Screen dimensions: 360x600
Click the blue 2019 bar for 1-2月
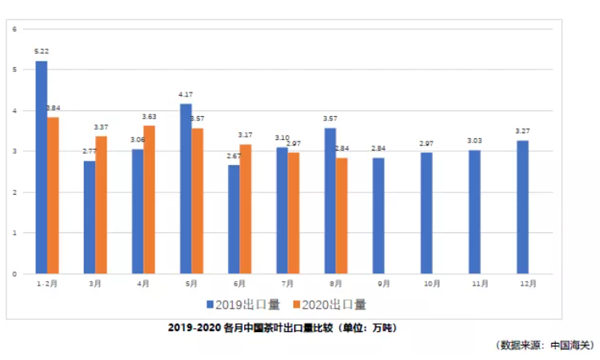click(x=41, y=167)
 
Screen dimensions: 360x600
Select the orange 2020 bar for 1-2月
click(x=53, y=195)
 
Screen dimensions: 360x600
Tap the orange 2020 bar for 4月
click(x=149, y=199)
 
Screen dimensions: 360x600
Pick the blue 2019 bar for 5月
click(x=186, y=188)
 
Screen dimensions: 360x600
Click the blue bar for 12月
click(x=523, y=207)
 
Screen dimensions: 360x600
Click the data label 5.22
click(x=41, y=50)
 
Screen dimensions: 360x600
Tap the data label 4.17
click(x=186, y=94)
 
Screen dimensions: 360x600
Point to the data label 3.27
click(x=523, y=131)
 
